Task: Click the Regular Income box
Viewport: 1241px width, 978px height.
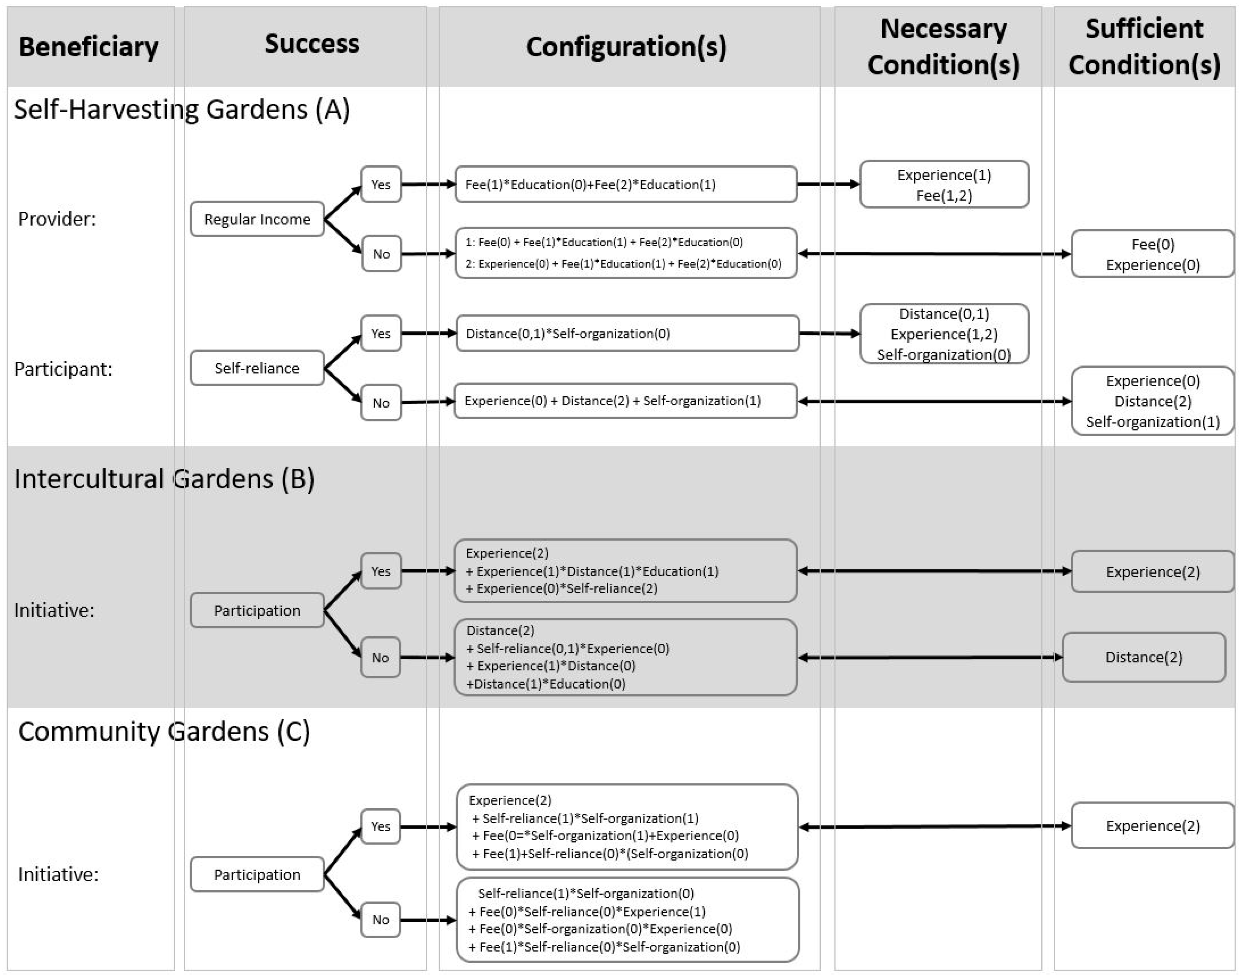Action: click(257, 219)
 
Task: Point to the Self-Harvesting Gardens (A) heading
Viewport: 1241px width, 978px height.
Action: click(182, 109)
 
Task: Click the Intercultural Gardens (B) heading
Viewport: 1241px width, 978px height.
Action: click(164, 479)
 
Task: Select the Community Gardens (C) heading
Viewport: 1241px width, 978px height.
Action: click(164, 731)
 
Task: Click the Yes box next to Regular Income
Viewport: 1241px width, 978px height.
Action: click(381, 185)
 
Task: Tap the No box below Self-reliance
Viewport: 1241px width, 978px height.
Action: click(381, 403)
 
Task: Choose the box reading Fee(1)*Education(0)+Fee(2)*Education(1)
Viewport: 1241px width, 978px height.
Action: click(626, 185)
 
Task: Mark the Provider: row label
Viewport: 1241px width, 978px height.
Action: click(57, 219)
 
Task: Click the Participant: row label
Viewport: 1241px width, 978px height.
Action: click(63, 369)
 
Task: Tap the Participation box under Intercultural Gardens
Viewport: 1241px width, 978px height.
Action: click(257, 610)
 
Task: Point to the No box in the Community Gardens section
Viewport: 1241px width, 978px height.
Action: click(381, 920)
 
